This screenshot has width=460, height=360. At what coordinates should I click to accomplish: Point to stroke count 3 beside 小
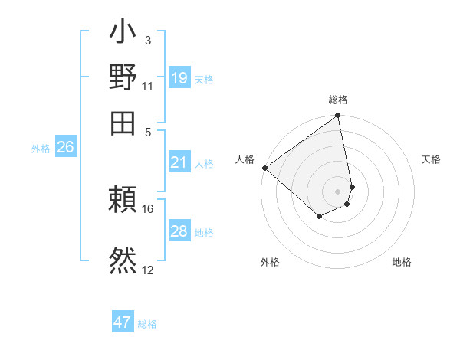[148, 40]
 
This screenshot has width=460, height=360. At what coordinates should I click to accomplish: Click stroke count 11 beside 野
[148, 86]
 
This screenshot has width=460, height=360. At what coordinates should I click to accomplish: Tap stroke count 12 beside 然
[148, 270]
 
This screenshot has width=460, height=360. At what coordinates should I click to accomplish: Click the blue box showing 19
[179, 78]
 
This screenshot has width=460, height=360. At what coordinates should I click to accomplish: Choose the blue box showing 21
[179, 162]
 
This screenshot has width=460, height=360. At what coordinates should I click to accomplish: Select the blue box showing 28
[179, 231]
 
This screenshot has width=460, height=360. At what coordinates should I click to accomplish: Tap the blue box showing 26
[65, 148]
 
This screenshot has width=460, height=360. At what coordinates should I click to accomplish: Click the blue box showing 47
[123, 322]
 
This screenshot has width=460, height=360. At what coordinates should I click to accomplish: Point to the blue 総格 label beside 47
[147, 324]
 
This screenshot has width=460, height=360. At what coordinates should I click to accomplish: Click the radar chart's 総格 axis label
[338, 100]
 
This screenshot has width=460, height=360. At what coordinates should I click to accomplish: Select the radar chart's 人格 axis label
[245, 159]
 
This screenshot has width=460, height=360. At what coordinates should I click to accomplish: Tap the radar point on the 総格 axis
[338, 116]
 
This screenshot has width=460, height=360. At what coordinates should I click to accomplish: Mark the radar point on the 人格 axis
[264, 168]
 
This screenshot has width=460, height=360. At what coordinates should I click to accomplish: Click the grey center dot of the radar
[338, 191]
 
